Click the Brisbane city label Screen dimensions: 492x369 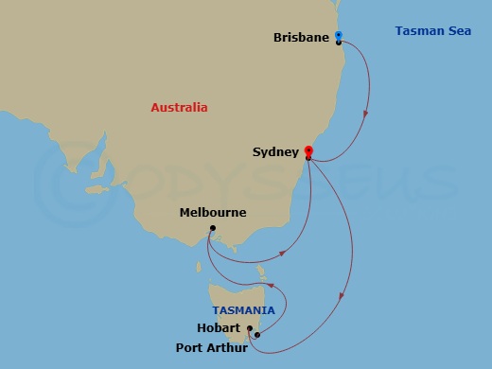tap(301, 38)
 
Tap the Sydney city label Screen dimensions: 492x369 tap(275, 151)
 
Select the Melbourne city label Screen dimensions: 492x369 tap(213, 213)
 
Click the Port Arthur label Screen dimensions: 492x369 tap(212, 348)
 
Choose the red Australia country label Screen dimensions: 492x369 tap(179, 108)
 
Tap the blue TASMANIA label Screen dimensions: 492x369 tap(243, 310)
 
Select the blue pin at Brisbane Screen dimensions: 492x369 tap(339, 36)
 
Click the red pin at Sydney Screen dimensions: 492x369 tap(308, 149)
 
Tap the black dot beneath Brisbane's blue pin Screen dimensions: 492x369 tap(339, 43)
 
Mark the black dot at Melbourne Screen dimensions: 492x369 tap(212, 228)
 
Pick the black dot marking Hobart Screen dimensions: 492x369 tap(249, 329)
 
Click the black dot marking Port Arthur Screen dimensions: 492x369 tap(257, 334)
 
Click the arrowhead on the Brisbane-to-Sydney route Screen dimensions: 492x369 tap(365, 116)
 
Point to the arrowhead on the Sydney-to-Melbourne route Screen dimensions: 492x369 tap(285, 253)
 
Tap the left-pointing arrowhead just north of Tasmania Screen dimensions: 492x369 tap(271, 284)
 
